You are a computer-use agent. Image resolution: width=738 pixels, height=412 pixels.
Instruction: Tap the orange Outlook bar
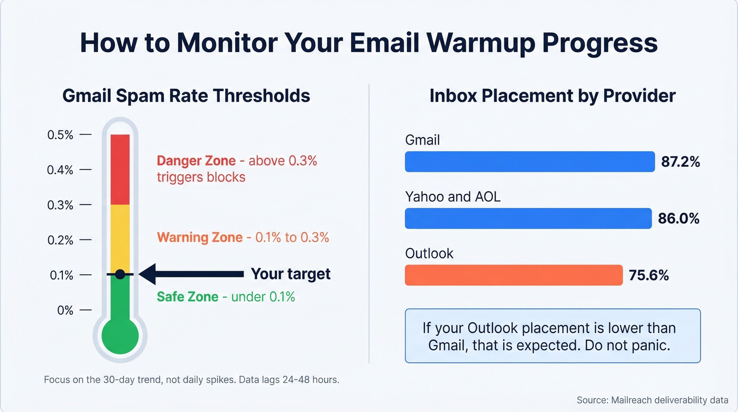pos(513,275)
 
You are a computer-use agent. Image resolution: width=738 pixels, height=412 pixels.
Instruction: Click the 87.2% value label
pos(681,162)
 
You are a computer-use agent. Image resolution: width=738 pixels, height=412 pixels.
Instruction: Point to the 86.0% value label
pos(679,218)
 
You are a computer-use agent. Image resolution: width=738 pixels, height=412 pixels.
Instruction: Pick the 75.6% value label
pos(649,275)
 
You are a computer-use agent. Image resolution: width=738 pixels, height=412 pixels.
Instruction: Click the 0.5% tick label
pos(60,135)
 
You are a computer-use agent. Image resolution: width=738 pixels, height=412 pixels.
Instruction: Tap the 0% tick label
pos(65,310)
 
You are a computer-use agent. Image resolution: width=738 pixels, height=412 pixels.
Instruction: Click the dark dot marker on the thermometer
pos(120,274)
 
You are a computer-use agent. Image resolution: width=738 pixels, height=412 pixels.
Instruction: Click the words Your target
pos(290,274)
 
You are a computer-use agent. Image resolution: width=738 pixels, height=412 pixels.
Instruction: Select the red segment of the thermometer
pos(120,169)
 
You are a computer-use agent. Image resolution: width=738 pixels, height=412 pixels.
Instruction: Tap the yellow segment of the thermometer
pos(120,237)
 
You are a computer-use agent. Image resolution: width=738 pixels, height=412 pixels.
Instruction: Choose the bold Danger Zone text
pos(196,160)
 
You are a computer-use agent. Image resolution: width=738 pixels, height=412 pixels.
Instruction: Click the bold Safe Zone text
pos(188,296)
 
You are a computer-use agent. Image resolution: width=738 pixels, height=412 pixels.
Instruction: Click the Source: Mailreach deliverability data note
pos(652,399)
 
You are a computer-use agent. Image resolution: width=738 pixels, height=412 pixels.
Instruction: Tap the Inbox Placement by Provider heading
pos(552,95)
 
